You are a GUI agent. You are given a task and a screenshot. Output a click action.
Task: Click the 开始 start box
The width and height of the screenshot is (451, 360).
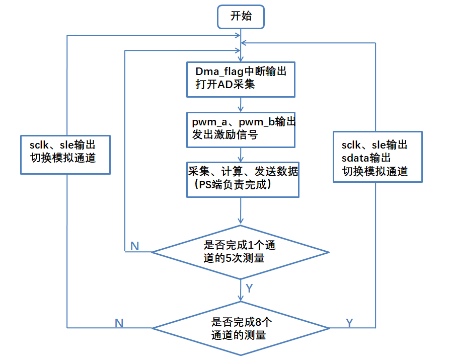241,16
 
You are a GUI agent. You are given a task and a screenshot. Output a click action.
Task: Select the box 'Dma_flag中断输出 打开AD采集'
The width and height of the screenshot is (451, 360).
241,79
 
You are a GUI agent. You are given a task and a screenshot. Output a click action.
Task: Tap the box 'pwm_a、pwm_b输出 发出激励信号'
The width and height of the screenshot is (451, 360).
241,129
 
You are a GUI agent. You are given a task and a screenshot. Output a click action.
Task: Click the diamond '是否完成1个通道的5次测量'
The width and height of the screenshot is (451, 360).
241,251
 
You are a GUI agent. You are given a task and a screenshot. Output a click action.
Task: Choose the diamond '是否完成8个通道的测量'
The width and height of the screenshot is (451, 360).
241,328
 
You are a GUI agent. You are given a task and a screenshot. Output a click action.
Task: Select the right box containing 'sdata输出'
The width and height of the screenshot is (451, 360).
378,157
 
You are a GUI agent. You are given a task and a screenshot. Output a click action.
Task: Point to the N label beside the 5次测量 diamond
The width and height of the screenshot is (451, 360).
134,246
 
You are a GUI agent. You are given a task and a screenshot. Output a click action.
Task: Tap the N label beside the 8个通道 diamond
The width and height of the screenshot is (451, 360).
119,323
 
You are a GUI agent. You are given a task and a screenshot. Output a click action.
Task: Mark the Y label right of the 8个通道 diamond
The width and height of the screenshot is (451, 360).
349,323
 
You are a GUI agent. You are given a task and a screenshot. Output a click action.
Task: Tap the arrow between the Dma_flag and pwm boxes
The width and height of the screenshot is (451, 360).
242,104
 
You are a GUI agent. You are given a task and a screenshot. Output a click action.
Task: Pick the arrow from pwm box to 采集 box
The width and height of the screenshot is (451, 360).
242,154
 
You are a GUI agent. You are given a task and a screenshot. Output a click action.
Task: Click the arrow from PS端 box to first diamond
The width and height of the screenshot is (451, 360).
242,211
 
